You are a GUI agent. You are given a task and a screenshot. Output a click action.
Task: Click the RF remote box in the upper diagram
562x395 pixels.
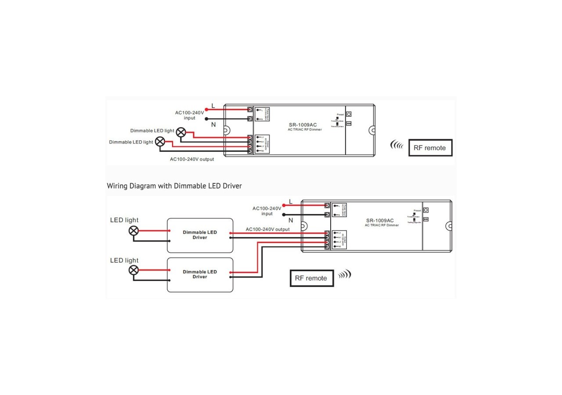[430, 148]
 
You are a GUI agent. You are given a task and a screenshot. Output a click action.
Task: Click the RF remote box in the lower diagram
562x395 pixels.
[311, 278]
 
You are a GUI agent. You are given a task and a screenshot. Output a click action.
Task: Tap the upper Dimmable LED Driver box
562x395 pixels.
[200, 235]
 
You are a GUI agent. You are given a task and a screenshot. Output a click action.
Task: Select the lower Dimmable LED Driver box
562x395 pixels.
[200, 274]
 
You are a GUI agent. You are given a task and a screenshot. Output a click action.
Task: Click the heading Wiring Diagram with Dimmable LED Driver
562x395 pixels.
[174, 186]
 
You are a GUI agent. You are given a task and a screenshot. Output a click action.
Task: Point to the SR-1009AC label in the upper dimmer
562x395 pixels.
[303, 125]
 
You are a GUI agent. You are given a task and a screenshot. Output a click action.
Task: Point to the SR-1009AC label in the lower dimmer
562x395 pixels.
[380, 220]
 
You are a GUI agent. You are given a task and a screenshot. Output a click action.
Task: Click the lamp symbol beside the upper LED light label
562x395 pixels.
[133, 231]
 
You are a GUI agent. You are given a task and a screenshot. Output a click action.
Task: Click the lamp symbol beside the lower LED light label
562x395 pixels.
[133, 270]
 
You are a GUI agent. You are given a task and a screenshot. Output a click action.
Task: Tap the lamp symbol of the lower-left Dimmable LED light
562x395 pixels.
[160, 142]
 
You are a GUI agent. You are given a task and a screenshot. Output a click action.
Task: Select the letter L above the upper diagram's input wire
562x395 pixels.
[213, 106]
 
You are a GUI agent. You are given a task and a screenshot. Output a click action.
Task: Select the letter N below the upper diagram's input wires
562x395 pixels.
[213, 125]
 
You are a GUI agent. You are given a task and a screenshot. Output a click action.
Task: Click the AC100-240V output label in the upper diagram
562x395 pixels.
[192, 159]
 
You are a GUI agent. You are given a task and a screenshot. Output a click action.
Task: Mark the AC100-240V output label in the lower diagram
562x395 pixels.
[267, 229]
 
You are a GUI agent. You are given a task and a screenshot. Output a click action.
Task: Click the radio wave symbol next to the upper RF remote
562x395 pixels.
[397, 145]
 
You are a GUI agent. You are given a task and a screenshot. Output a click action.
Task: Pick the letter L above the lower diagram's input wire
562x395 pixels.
[290, 202]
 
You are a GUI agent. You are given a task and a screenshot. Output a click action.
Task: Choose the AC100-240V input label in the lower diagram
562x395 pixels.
[267, 211]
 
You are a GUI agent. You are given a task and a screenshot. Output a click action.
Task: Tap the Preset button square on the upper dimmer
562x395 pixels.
[349, 114]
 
